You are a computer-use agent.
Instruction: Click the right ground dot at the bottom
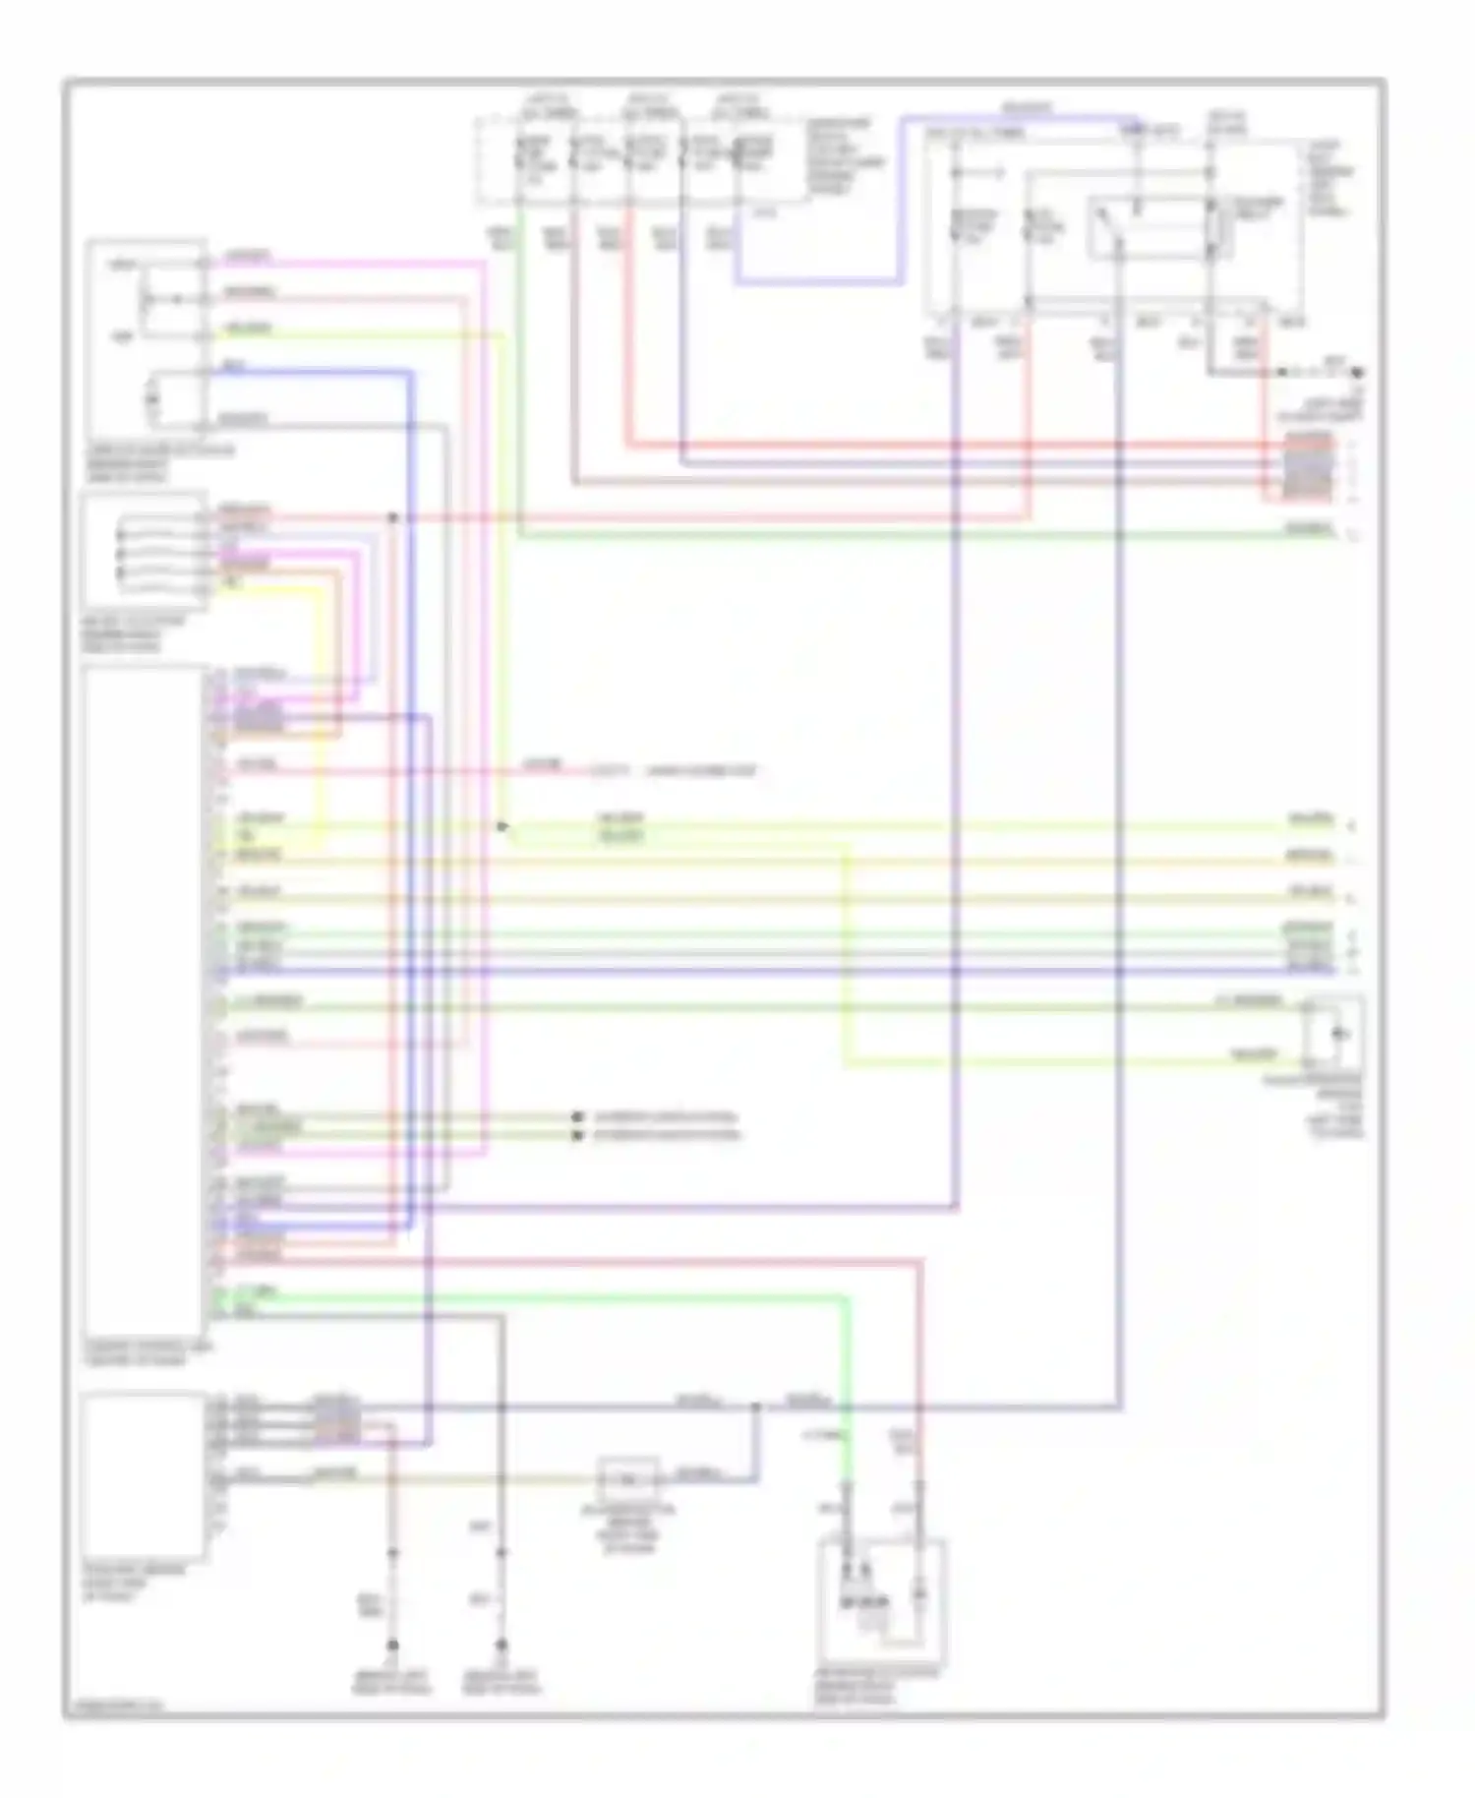[501, 1645]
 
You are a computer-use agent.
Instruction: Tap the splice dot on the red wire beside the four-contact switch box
[392, 517]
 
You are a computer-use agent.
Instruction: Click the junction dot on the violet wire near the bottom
[755, 1408]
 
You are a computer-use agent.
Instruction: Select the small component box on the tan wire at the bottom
[629, 1477]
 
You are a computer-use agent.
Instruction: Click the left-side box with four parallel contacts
[145, 551]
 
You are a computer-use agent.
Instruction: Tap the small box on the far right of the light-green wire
[1334, 1034]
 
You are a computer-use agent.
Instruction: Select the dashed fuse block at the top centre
[639, 159]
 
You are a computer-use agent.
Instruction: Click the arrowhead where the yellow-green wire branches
[502, 827]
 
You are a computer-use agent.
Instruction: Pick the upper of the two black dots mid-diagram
[577, 1117]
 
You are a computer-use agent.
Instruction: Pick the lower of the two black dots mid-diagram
[577, 1135]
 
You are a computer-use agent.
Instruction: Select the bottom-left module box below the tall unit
[145, 1475]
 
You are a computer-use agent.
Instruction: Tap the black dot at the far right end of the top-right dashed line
[1358, 373]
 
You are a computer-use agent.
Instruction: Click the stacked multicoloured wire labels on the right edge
[1309, 463]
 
